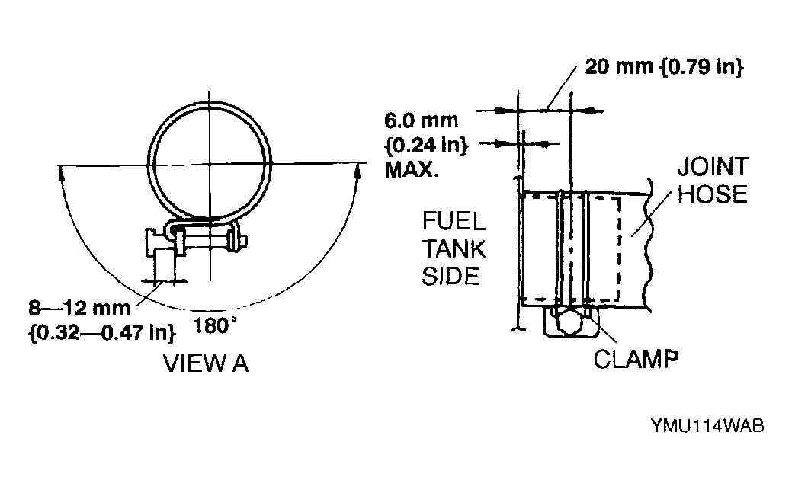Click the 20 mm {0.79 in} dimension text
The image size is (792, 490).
tap(663, 67)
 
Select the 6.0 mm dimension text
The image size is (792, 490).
tap(422, 120)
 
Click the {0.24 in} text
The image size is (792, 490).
tap(425, 145)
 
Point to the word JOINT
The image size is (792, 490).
tap(712, 168)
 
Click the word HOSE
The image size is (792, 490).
tap(712, 194)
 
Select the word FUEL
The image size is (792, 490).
tap(454, 223)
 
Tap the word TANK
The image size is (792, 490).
tap(454, 249)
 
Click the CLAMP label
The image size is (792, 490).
tap(636, 357)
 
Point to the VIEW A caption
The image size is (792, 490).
tap(207, 364)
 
